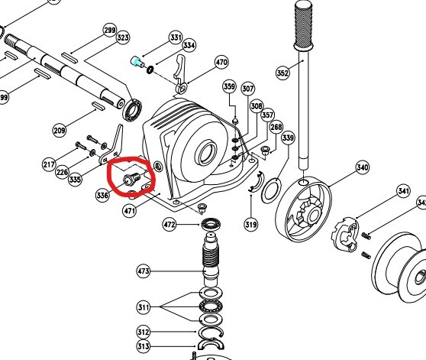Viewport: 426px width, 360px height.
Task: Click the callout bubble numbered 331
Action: pyautogui.click(x=176, y=37)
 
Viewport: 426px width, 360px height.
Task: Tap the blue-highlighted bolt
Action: pyautogui.click(x=137, y=62)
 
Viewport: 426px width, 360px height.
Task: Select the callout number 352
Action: pyautogui.click(x=282, y=73)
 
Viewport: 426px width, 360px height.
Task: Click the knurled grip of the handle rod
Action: pyautogui.click(x=304, y=25)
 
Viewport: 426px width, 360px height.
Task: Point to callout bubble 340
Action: pyautogui.click(x=363, y=167)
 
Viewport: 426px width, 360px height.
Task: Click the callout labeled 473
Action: pyautogui.click(x=144, y=271)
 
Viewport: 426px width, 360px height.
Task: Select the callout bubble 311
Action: pyautogui.click(x=144, y=307)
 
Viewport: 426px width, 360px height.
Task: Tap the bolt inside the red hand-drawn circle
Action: pyautogui.click(x=132, y=179)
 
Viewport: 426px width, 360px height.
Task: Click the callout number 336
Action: pyautogui.click(x=102, y=195)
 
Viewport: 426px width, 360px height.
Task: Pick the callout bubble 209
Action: pyautogui.click(x=60, y=131)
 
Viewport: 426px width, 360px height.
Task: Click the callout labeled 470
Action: pyautogui.click(x=221, y=62)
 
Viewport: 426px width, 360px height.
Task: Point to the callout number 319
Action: pyautogui.click(x=250, y=225)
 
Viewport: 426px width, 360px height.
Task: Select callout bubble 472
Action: pyautogui.click(x=169, y=225)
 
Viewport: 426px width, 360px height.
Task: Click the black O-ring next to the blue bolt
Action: pyautogui.click(x=150, y=70)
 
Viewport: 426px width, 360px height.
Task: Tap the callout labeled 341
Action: pyautogui.click(x=403, y=191)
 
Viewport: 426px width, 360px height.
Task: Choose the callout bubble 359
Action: pyautogui.click(x=229, y=86)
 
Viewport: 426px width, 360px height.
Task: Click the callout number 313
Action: pyautogui.click(x=144, y=346)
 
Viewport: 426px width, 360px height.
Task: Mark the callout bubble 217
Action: pyautogui.click(x=49, y=164)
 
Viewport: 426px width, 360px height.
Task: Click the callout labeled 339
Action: pyautogui.click(x=288, y=138)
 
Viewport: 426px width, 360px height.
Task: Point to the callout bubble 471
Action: pyautogui.click(x=129, y=210)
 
